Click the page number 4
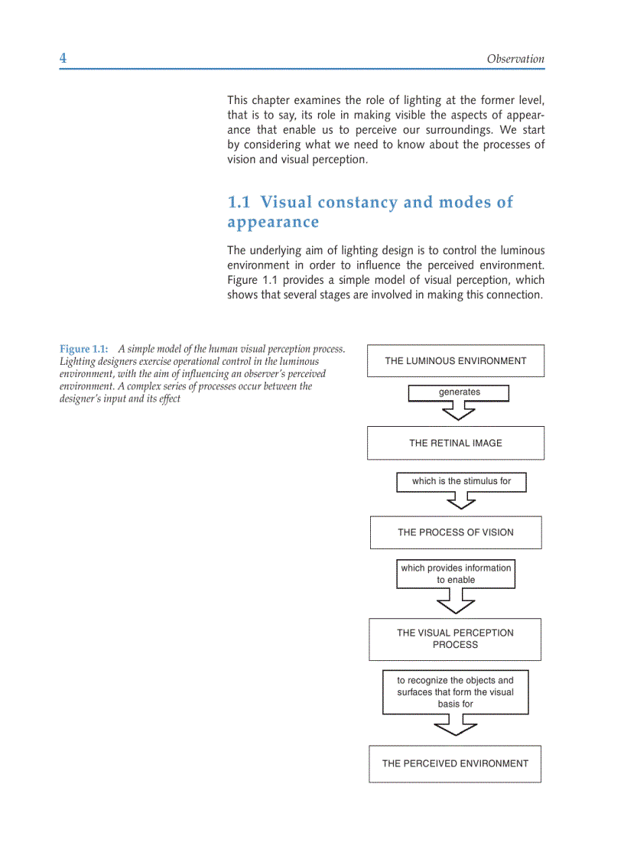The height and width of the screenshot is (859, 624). (x=63, y=59)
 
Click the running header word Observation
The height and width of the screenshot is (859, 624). (x=515, y=59)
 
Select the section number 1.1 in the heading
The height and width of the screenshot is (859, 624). (x=239, y=203)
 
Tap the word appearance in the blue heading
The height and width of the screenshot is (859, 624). (x=273, y=223)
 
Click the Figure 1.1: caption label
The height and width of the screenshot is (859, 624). (x=84, y=349)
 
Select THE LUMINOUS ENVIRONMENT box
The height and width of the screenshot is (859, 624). (x=455, y=361)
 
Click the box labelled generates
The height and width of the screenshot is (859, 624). (x=459, y=392)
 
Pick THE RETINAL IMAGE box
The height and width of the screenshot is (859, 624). (x=455, y=443)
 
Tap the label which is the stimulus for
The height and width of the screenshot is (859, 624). (x=461, y=482)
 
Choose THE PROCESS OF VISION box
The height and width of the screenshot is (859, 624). (x=455, y=532)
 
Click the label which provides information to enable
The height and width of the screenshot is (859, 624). (x=456, y=574)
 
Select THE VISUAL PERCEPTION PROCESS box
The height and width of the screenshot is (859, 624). (x=455, y=639)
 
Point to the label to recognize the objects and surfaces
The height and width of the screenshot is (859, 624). (x=455, y=692)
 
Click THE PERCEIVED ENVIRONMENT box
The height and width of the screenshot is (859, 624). (x=455, y=763)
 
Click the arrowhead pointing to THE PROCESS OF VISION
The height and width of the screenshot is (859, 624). (x=461, y=502)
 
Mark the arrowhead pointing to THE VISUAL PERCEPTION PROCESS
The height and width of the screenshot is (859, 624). (x=456, y=605)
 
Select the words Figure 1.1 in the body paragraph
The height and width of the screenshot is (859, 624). (x=252, y=280)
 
